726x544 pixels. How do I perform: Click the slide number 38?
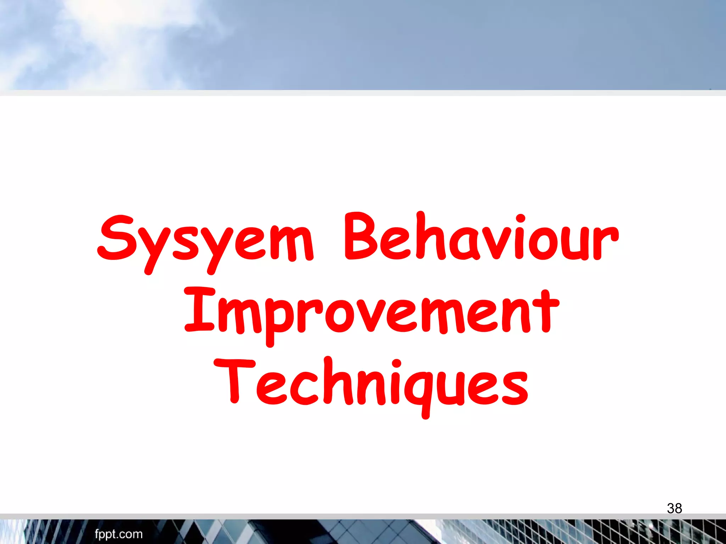click(674, 508)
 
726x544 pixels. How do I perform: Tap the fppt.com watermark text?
click(118, 534)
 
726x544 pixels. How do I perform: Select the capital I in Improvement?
click(199, 310)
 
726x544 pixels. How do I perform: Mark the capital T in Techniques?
click(234, 381)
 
